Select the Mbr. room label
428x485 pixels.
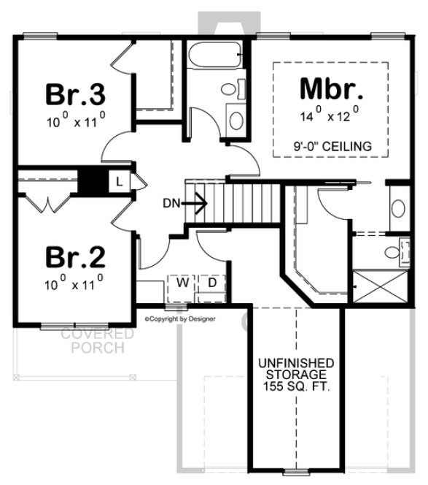tap(331, 90)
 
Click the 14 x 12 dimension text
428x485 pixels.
tap(331, 116)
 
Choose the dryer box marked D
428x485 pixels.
tap(211, 282)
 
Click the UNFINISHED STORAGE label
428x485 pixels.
tap(295, 368)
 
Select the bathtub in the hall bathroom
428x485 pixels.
tap(215, 56)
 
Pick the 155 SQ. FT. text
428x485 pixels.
tap(295, 387)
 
